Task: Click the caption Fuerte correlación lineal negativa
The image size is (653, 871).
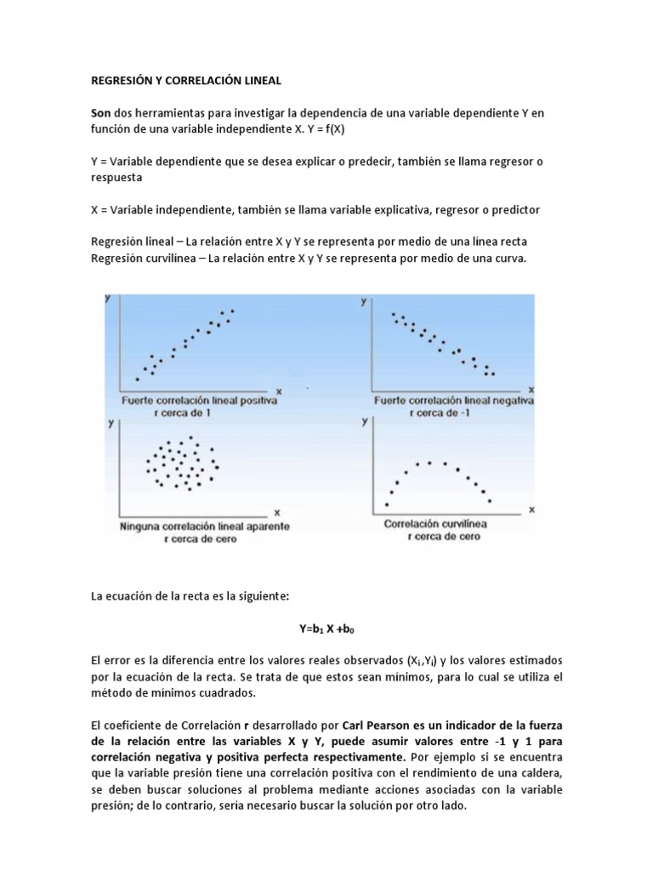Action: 453,400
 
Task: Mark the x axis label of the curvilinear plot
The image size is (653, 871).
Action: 532,510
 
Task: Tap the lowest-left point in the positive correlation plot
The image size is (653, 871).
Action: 138,379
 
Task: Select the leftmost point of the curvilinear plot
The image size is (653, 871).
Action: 387,504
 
